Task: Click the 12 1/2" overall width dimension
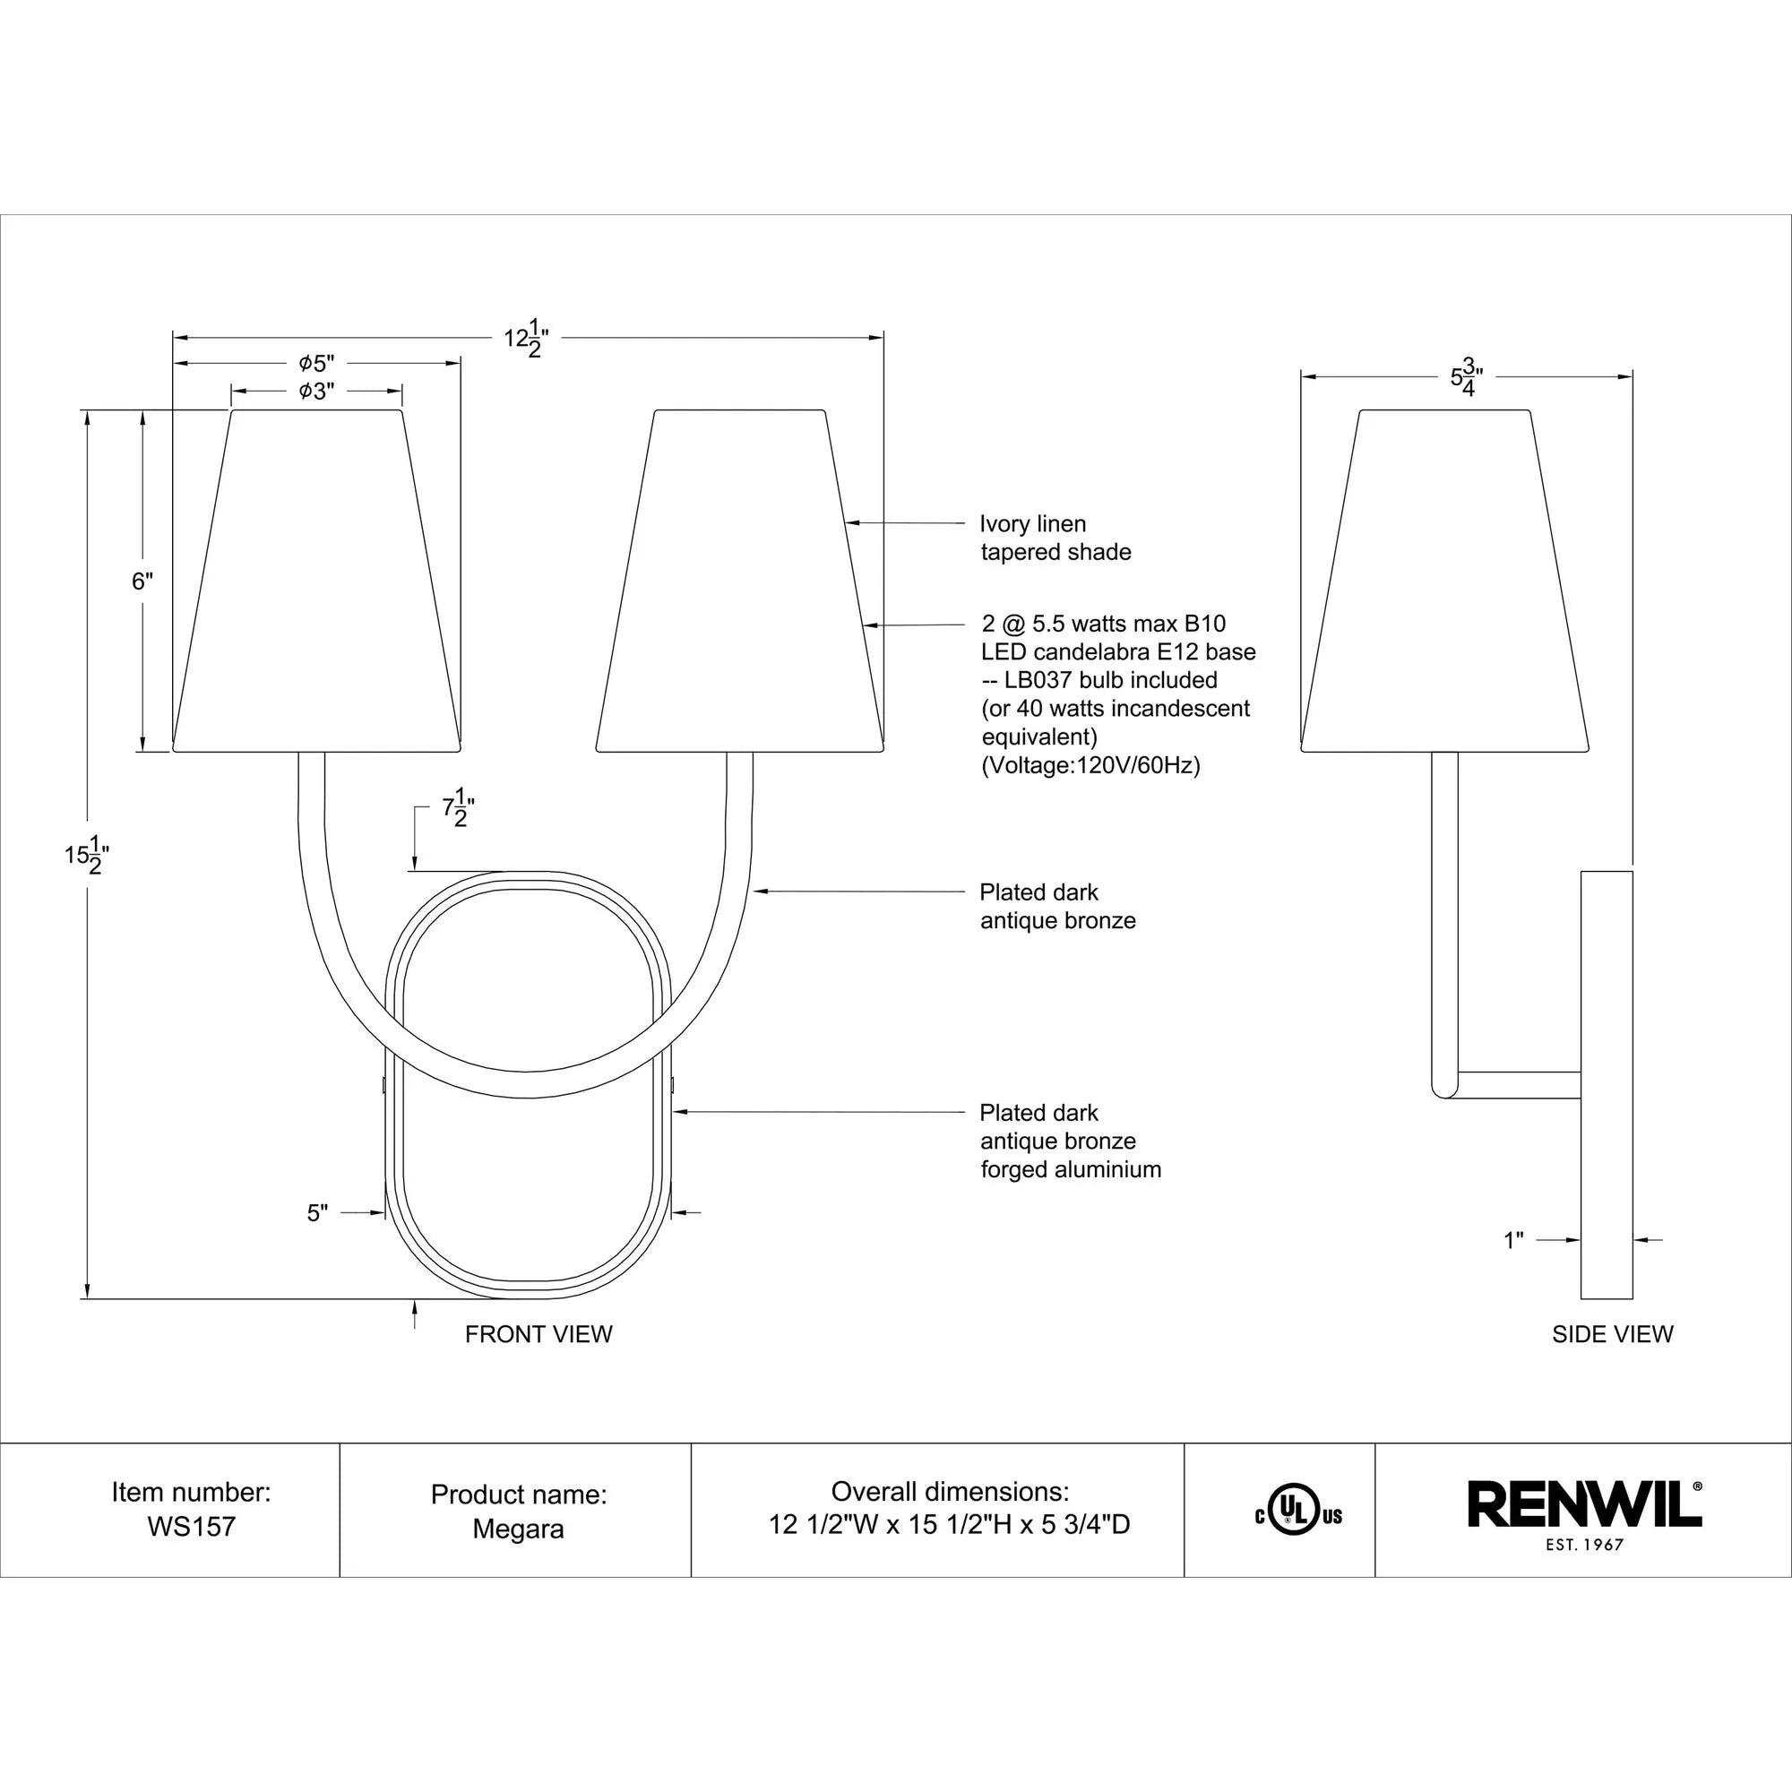tap(526, 338)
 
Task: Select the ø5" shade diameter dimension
tap(316, 363)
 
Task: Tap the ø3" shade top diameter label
tap(315, 392)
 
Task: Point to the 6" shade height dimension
tap(142, 582)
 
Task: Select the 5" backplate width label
tap(317, 1213)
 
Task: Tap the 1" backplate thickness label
tap(1512, 1240)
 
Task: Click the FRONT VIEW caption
tap(538, 1334)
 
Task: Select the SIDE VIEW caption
tap(1612, 1334)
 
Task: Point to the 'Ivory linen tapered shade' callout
tap(1055, 538)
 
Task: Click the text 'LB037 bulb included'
tap(1110, 680)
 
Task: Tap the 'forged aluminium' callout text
tap(1071, 1169)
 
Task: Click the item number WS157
tap(191, 1527)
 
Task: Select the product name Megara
tap(518, 1529)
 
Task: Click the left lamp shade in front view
tap(316, 582)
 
